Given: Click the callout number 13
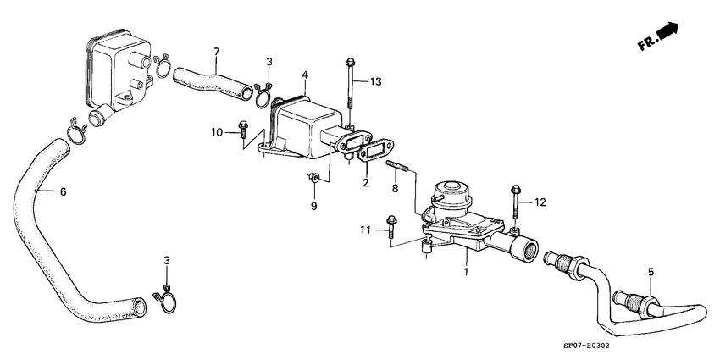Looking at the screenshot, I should pyautogui.click(x=375, y=81).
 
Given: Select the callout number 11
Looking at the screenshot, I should pyautogui.click(x=365, y=230).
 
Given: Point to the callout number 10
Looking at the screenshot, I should pyautogui.click(x=217, y=132).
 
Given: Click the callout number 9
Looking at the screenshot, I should pyautogui.click(x=313, y=206).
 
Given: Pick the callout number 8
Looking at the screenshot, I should pyautogui.click(x=395, y=189).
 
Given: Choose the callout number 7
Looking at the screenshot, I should pyautogui.click(x=216, y=53).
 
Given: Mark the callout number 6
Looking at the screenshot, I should pyautogui.click(x=63, y=191).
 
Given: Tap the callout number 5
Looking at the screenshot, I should pyautogui.click(x=651, y=273).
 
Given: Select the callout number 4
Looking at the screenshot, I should pyautogui.click(x=303, y=75).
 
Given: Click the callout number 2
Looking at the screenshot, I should pyautogui.click(x=366, y=181).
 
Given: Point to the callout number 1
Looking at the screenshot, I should pyautogui.click(x=465, y=273).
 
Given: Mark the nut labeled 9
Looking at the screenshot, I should pyautogui.click(x=313, y=178).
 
